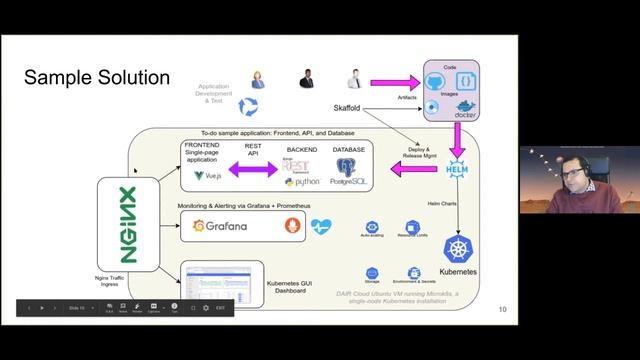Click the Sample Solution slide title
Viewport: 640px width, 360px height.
coord(97,77)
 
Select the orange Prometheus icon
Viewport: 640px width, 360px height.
coord(292,226)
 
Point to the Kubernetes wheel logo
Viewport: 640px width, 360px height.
coord(461,249)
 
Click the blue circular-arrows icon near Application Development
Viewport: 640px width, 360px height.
coord(248,105)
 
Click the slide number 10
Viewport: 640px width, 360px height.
coord(503,310)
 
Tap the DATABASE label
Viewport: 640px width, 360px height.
coord(349,149)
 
